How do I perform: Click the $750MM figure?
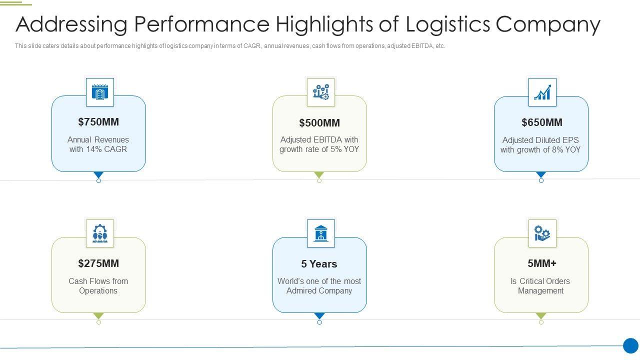(x=98, y=122)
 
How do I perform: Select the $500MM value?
(x=319, y=123)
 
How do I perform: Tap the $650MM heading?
(x=541, y=122)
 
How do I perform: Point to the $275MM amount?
(x=98, y=263)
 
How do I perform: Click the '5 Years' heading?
(x=319, y=264)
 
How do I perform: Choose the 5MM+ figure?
(x=541, y=263)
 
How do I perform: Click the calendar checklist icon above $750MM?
(x=100, y=92)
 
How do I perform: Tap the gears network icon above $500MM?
(x=320, y=92)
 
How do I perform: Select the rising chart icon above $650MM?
(x=542, y=92)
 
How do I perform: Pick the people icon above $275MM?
(x=100, y=233)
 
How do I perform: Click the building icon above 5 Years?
(x=320, y=233)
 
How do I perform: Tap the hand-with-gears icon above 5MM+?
(x=542, y=233)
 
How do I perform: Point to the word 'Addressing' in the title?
(x=70, y=24)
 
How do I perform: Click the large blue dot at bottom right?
(x=630, y=345)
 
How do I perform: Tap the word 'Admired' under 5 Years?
(x=302, y=291)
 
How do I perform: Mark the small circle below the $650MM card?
(x=541, y=180)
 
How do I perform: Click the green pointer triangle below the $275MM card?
(x=98, y=316)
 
